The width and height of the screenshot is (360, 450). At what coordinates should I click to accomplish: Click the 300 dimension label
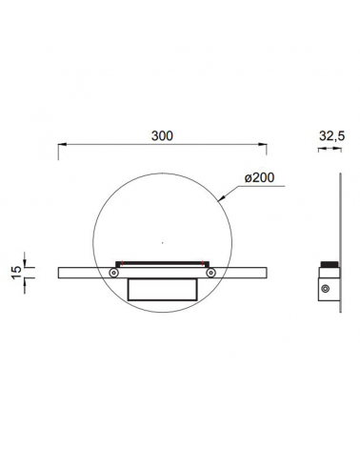tap(162, 135)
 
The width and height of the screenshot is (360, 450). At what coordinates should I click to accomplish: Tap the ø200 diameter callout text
tap(259, 177)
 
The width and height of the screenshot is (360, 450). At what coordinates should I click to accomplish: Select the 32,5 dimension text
tap(331, 136)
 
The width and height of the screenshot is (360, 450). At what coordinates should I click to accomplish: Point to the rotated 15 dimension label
tap(16, 273)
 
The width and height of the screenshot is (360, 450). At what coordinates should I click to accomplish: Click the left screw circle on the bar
tap(113, 273)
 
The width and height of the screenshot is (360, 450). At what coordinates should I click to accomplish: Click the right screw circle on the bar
tap(210, 273)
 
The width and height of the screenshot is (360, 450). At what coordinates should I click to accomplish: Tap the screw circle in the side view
tap(325, 289)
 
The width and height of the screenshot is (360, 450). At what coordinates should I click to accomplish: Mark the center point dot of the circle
tap(163, 243)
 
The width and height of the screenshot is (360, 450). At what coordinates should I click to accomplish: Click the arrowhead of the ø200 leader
tap(221, 199)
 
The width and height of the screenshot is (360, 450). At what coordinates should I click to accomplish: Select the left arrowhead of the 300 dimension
tap(62, 145)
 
